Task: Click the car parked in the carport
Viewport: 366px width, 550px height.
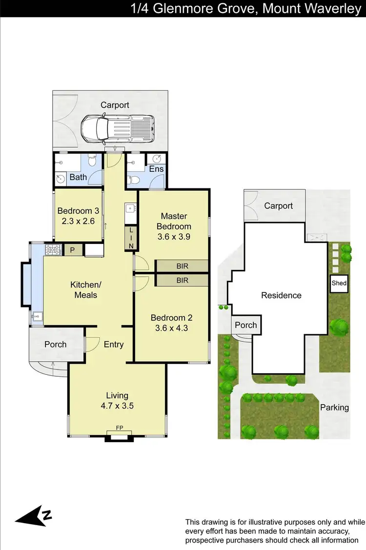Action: point(117,128)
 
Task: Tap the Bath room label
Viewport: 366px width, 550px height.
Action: point(78,177)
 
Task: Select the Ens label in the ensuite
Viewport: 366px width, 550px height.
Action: point(157,169)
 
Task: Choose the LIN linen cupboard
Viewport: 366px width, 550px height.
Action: point(131,239)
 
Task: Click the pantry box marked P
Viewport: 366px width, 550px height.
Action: point(72,250)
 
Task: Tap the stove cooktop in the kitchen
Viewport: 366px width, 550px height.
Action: point(52,250)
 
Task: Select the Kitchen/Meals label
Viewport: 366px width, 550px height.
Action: point(85,290)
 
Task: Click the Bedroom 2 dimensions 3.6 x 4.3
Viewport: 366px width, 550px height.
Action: point(171,328)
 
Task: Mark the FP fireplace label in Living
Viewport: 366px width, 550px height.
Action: point(119,428)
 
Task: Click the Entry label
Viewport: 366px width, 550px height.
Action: point(114,345)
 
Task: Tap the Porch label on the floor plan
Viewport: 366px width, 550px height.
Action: point(55,345)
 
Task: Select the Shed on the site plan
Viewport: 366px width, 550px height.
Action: point(339,284)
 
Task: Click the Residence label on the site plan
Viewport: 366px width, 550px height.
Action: point(281,295)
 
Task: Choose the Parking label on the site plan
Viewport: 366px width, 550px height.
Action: point(334,407)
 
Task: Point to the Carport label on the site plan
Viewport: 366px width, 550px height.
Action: point(278,206)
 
